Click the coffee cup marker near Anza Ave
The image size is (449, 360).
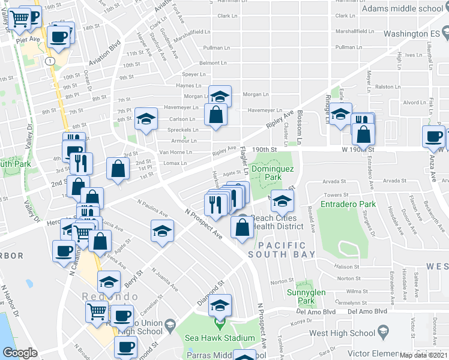point(433,137)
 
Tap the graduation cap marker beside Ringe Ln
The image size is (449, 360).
point(340,114)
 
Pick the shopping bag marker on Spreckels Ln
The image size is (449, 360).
point(215,114)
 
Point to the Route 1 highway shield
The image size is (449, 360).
point(48,61)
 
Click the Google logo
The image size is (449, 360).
point(20,353)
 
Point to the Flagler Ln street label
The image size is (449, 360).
point(244,157)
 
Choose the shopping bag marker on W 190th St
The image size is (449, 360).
point(363,134)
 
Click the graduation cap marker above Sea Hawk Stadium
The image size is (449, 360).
point(220,305)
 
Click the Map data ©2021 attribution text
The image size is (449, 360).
point(423,355)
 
